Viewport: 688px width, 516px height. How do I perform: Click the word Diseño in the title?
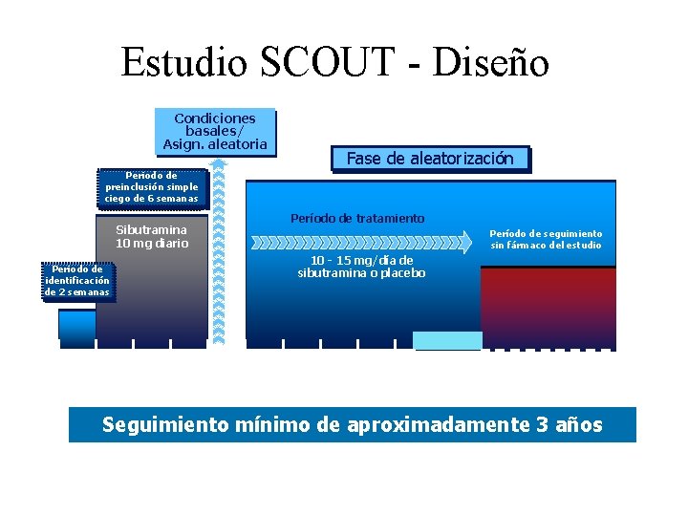490,63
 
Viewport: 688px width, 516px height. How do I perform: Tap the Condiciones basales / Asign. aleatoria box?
215,132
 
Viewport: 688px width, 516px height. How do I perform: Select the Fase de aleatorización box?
430,159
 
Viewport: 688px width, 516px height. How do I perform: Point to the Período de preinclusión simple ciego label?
152,187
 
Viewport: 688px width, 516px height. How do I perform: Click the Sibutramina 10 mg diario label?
152,237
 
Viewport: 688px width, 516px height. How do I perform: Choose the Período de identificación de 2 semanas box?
77,281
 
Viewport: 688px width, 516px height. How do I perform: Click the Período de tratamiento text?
357,219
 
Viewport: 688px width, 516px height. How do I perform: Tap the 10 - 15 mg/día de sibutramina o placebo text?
362,267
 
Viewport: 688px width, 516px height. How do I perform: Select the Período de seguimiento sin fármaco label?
547,239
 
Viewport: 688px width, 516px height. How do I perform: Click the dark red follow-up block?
548,306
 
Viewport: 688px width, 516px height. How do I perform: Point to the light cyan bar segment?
446,340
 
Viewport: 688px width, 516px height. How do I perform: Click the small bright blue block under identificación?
76,324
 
